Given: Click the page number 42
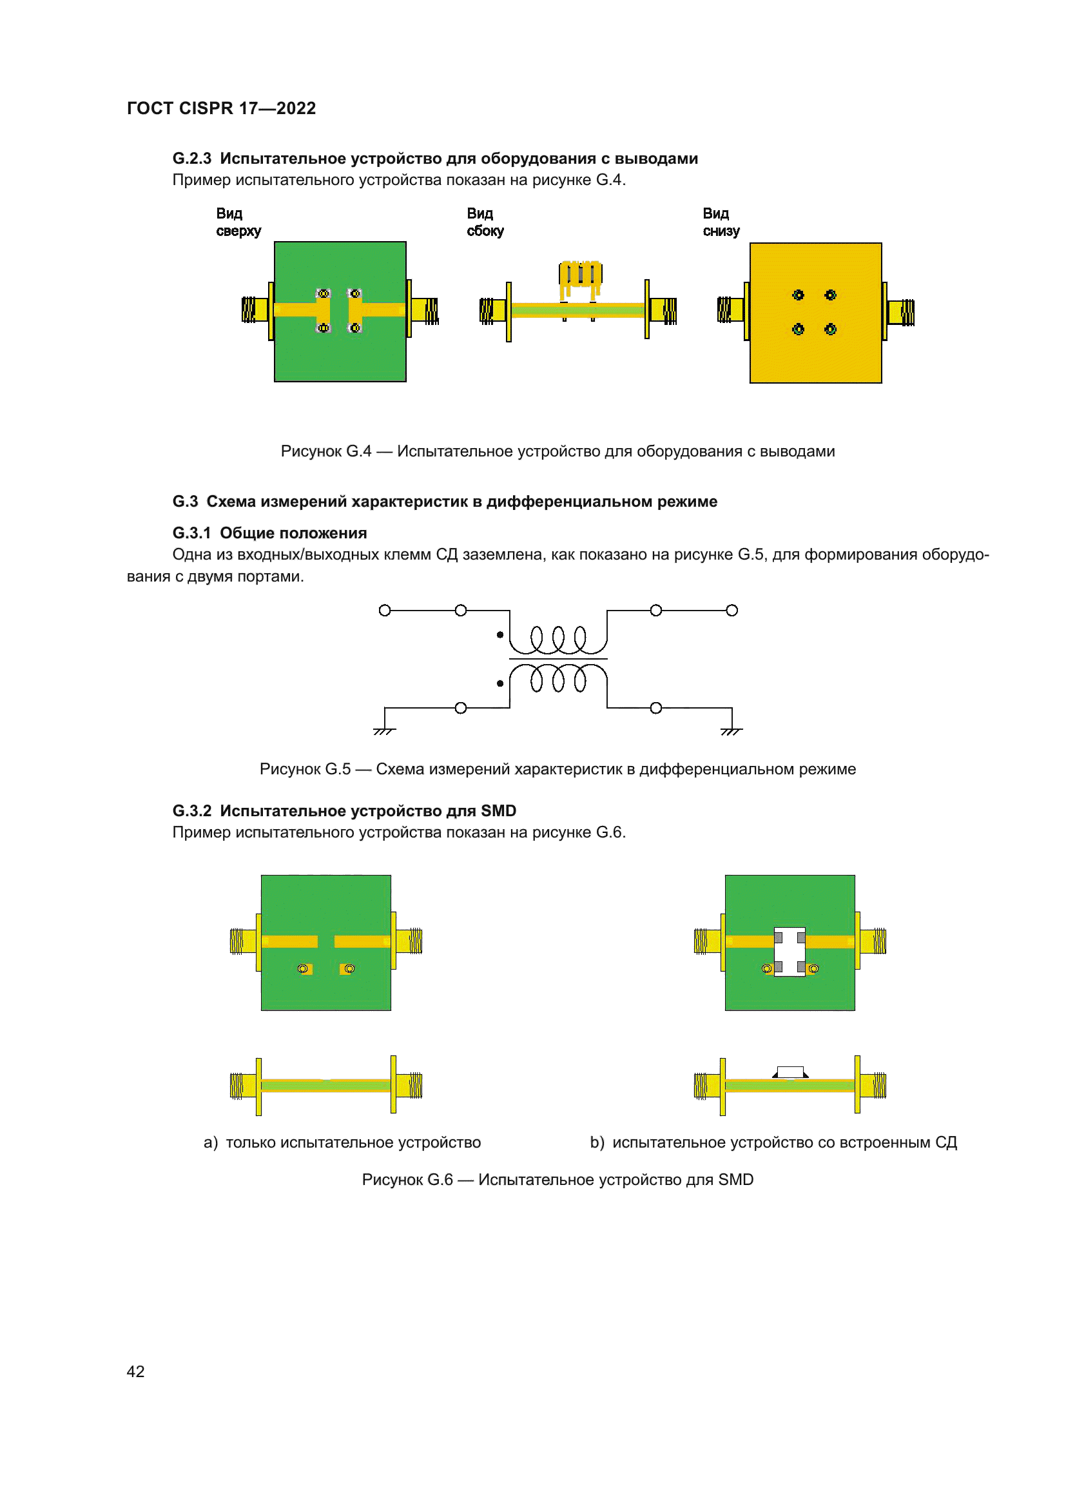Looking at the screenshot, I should pyautogui.click(x=135, y=1371).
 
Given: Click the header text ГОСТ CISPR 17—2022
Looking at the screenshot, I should pyautogui.click(x=221, y=108).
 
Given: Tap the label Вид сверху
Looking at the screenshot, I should pyautogui.click(x=238, y=222).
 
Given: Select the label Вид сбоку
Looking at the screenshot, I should pyautogui.click(x=485, y=222).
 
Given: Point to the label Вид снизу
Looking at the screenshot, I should pyautogui.click(x=721, y=222).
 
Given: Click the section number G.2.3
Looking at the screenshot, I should pyautogui.click(x=191, y=159).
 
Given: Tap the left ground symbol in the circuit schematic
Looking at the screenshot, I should pyautogui.click(x=384, y=730).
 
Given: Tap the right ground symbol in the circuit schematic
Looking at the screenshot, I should pyautogui.click(x=732, y=730).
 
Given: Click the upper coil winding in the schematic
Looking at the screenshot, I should pyautogui.click(x=558, y=638).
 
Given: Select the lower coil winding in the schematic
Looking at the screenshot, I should pyautogui.click(x=558, y=678).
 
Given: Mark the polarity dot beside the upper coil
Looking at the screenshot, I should pyautogui.click(x=500, y=634).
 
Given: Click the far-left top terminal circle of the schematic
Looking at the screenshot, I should pyautogui.click(x=385, y=610).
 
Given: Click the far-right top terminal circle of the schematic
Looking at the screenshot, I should pyautogui.click(x=732, y=610).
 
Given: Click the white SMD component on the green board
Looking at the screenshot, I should pyautogui.click(x=790, y=952).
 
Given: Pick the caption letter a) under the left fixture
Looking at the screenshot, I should pyautogui.click(x=210, y=1142).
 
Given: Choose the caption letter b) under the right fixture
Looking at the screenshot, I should pyautogui.click(x=597, y=1142).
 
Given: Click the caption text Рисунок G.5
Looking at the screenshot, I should pyautogui.click(x=305, y=769).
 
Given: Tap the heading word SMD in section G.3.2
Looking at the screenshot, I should pyautogui.click(x=498, y=811).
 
